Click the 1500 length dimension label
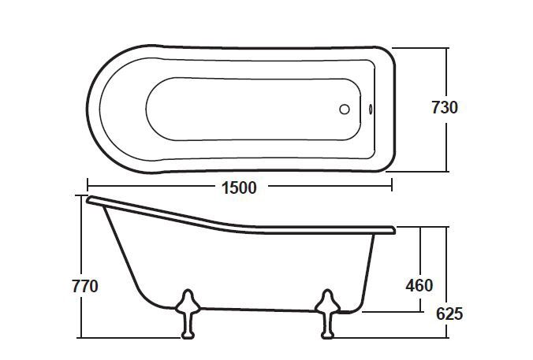(x=237, y=187)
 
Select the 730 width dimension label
(x=444, y=107)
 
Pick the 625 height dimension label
(x=449, y=314)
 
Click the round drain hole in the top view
(x=344, y=109)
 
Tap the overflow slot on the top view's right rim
(x=371, y=109)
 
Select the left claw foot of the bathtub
(x=187, y=313)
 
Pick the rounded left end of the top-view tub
(x=89, y=109)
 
